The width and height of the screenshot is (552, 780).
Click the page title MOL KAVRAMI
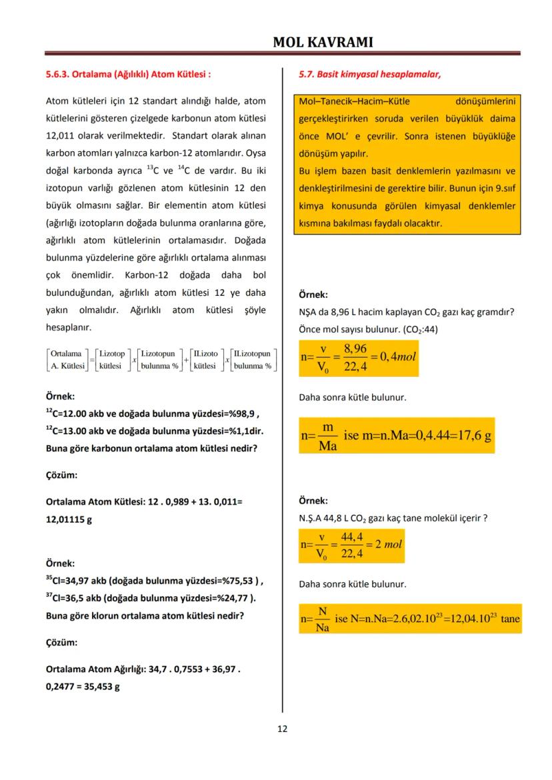[x=323, y=43]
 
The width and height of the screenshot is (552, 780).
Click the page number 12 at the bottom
[x=282, y=729]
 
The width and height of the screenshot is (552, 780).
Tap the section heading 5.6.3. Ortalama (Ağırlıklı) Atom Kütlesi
[x=129, y=75]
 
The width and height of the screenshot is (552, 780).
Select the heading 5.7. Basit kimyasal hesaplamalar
[x=369, y=75]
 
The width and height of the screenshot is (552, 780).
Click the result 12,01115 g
[x=68, y=519]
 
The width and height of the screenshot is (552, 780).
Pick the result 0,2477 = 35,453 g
[x=83, y=687]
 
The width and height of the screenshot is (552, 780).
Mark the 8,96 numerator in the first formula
[x=355, y=348]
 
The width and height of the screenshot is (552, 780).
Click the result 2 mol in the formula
[x=389, y=544]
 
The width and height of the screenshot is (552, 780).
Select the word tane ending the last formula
[x=510, y=619]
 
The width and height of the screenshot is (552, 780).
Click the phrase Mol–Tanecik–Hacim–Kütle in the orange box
[x=354, y=101]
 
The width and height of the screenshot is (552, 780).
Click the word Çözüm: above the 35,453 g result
[x=61, y=643]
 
